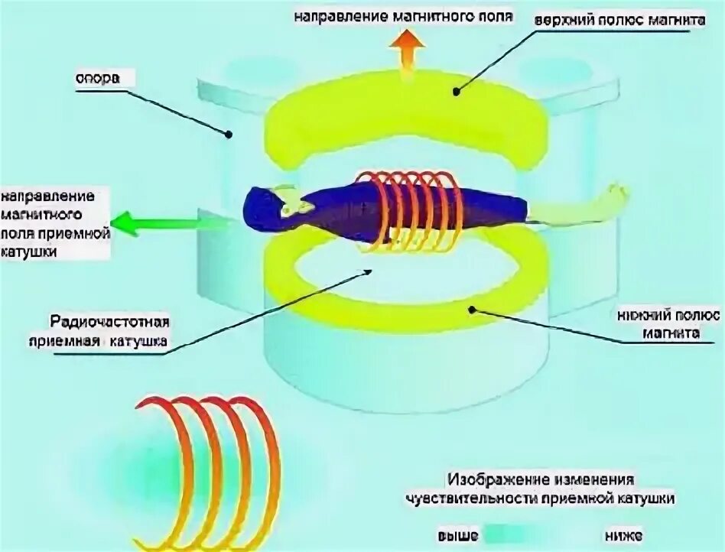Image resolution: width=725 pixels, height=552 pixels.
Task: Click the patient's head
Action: [x=264, y=206]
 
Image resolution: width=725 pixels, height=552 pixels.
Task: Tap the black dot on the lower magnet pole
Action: [x=473, y=310]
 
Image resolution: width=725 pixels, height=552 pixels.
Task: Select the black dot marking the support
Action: [x=229, y=135]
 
